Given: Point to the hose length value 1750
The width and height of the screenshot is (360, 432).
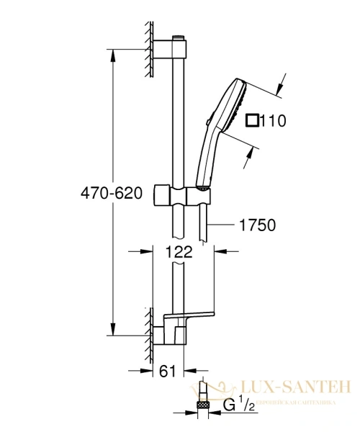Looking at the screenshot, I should coord(257,225).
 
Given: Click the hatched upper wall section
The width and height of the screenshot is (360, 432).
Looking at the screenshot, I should coord(150,48).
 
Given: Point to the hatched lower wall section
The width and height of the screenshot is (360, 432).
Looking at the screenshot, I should coord(150,332).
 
